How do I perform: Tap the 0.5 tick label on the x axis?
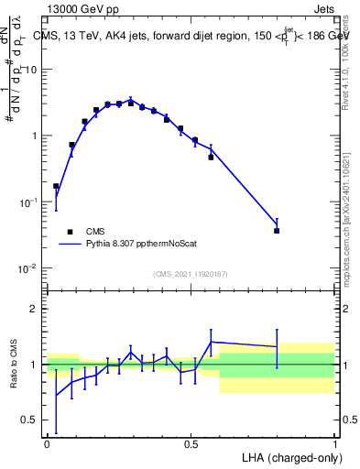[x=191, y=444]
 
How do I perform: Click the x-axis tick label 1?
[x=334, y=444]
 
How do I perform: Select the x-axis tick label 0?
[x=47, y=444]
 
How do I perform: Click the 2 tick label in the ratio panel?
[x=35, y=309]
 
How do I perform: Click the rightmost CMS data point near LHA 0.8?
[x=277, y=231]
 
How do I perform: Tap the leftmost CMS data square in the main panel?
[x=56, y=186]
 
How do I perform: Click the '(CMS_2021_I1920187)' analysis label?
[x=190, y=274]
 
